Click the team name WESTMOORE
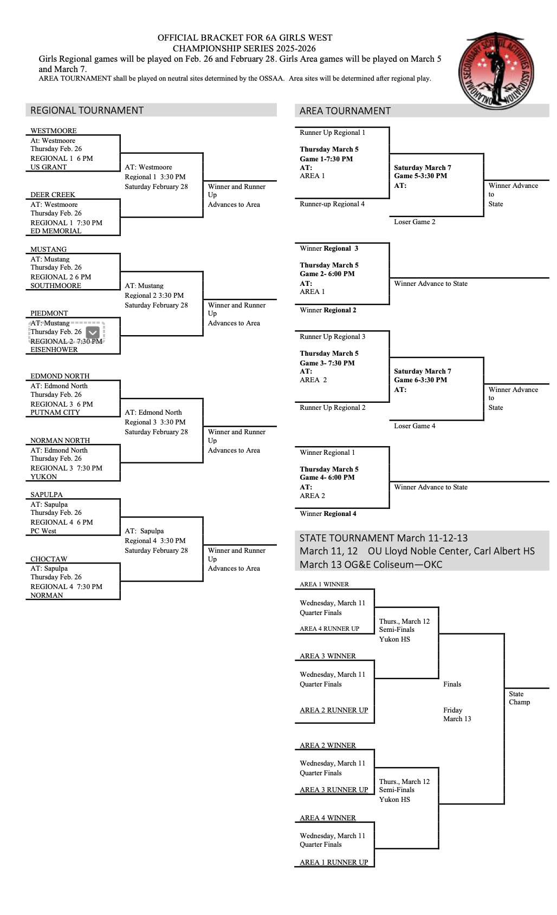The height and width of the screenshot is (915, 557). [x=53, y=131]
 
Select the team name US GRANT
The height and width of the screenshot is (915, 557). [x=48, y=167]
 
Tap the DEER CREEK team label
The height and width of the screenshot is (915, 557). [x=53, y=195]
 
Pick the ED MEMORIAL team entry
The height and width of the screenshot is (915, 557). [x=56, y=231]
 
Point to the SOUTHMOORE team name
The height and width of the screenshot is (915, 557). [x=55, y=286]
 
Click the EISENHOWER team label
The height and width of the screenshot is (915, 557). [x=54, y=350]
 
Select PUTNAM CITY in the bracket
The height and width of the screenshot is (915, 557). [x=55, y=413]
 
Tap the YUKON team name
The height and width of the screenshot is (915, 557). [x=43, y=477]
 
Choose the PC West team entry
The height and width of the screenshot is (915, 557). [x=43, y=531]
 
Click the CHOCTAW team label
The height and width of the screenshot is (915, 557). [x=49, y=559]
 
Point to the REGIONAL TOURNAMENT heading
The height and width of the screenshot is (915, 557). [x=87, y=110]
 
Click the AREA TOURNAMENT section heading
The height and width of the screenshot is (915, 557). [x=345, y=111]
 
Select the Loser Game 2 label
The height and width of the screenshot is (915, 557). [x=414, y=222]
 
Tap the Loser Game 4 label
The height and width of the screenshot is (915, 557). [x=414, y=426]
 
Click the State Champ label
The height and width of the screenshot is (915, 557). [x=519, y=698]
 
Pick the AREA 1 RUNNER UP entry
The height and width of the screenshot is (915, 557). [x=334, y=862]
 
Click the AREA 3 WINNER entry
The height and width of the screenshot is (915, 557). [x=328, y=656]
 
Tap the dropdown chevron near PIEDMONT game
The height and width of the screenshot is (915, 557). [x=93, y=332]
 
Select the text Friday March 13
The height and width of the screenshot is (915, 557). [x=457, y=715]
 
